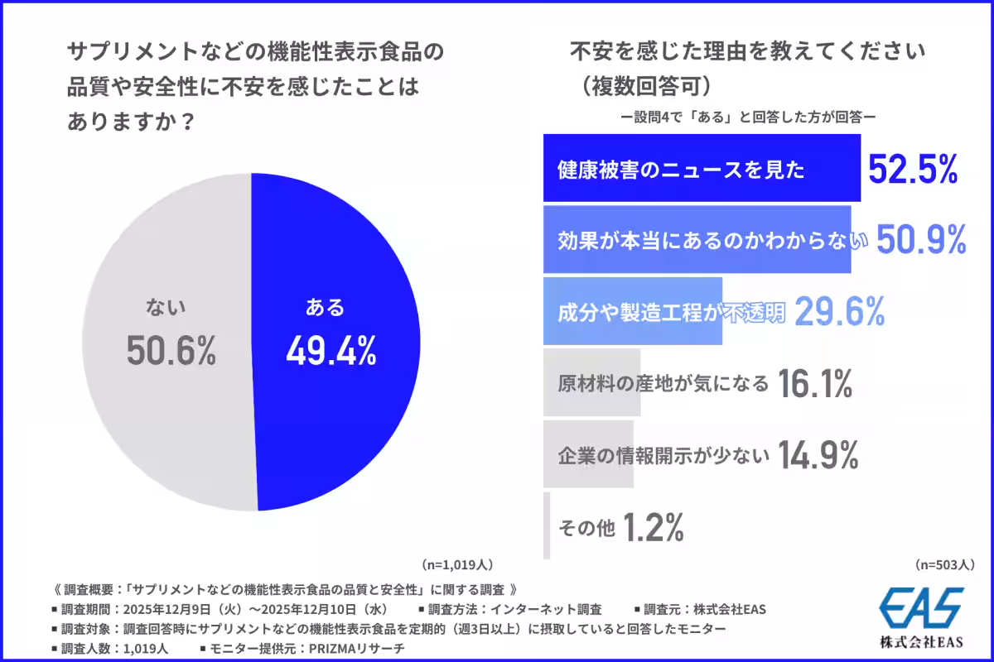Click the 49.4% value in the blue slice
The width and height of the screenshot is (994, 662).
[x=331, y=352]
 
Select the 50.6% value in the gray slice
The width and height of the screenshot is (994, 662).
[x=171, y=352]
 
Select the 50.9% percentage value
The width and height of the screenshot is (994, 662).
[x=921, y=240]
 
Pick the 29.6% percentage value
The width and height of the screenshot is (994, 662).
[x=840, y=311]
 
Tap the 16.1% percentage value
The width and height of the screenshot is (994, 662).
[x=816, y=383]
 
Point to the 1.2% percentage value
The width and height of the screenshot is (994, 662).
[x=653, y=526]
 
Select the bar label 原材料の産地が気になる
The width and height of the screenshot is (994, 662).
[x=663, y=383]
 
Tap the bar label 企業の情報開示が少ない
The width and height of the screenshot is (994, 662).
[x=663, y=454]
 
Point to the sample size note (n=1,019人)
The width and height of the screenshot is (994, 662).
[x=458, y=564]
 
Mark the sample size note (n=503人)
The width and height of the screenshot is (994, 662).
[x=945, y=564]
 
